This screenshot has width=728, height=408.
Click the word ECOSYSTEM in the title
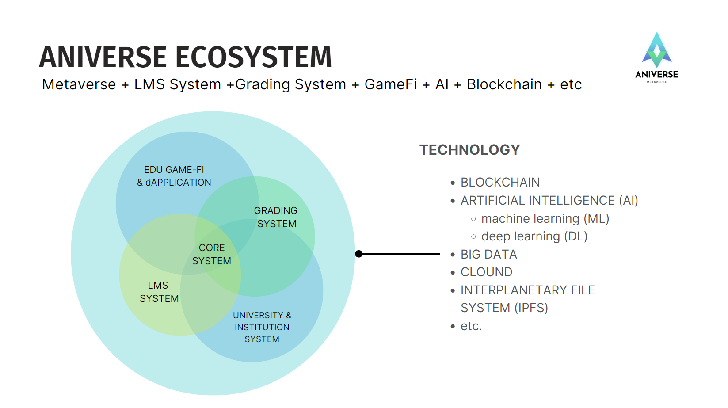254,57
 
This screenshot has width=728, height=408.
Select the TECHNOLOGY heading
469,150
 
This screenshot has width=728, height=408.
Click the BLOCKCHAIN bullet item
500,183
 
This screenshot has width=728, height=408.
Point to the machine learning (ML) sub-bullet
545,218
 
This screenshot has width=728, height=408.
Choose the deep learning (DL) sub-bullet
534,236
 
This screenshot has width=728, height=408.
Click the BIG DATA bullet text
489,254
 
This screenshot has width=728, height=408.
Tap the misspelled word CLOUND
487,272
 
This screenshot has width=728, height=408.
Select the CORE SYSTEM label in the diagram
212,254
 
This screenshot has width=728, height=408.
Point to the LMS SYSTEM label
159,292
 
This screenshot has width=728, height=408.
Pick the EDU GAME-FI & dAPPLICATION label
174,176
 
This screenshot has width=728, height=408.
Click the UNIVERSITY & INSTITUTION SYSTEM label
262,327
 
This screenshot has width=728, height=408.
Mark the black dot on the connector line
359,254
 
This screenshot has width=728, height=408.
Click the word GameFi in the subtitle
391,84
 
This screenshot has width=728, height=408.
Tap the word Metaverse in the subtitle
79,84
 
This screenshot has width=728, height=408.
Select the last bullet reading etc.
471,326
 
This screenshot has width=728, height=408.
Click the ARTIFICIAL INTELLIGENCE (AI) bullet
549,201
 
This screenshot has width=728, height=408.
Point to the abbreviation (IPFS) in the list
531,308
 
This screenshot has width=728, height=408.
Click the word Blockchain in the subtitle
504,84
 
